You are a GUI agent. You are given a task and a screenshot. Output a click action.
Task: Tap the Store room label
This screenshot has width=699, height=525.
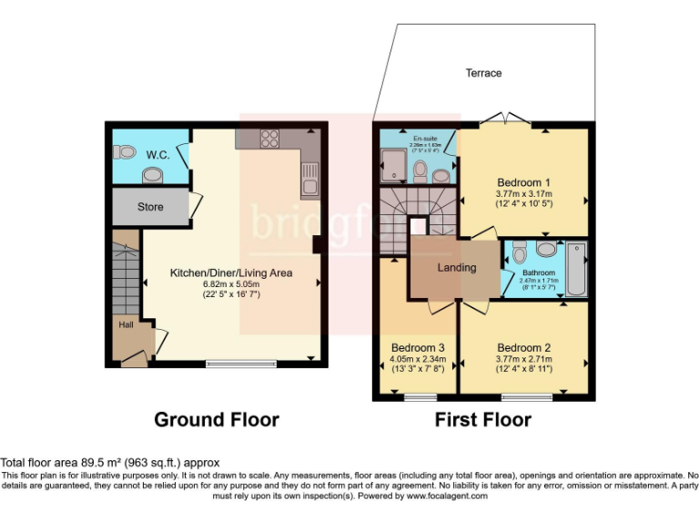coord(150,207)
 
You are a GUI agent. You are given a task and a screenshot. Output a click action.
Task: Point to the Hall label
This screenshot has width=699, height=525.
coord(125,324)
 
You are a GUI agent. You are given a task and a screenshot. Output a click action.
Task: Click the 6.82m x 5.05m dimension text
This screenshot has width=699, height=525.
coord(230,284)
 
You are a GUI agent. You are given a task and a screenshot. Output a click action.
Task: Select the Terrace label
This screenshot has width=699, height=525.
coord(483,73)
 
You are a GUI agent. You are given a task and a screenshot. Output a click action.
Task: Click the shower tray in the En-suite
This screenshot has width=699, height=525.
coord(394,164)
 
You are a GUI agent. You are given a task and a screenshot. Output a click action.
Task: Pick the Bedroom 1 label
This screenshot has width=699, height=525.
coord(524,180)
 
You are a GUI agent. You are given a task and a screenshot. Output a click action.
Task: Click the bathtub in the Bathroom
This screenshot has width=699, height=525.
coord(576,270)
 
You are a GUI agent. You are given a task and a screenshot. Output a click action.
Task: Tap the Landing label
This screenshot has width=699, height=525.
coord(456,267)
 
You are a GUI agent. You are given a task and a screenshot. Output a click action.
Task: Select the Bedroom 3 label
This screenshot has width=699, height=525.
coord(418,347)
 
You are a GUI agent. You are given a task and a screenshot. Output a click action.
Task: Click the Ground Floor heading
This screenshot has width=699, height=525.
coord(216,419)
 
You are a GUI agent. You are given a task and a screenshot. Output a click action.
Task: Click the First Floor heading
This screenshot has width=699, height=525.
coord(482,419)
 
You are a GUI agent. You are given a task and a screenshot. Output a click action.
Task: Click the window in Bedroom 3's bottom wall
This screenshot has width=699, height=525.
coord(420,396)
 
